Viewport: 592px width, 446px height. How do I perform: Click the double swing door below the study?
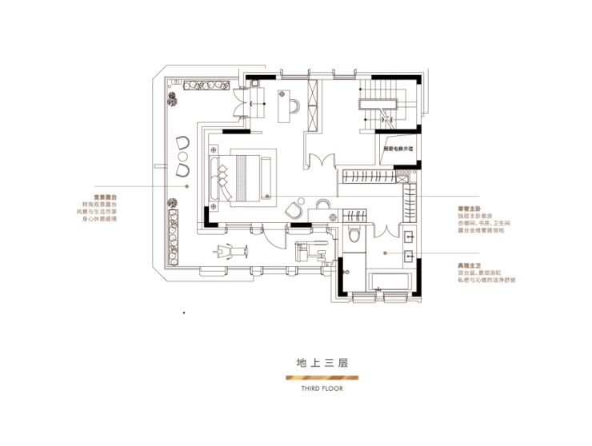coord(322,160)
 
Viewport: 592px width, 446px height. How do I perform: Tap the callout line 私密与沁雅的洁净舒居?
coord(481,281)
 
